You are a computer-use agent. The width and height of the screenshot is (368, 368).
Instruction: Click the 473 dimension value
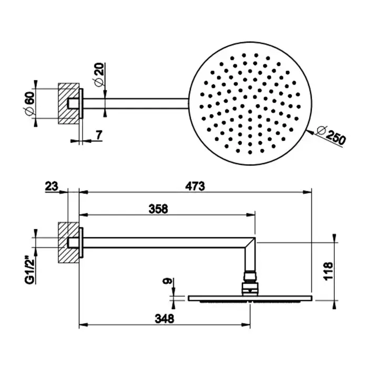click(195, 186)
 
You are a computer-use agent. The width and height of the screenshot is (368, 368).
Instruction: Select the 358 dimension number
click(158, 209)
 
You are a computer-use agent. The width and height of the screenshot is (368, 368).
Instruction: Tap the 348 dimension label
click(165, 319)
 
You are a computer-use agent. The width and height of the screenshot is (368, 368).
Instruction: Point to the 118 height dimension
click(329, 271)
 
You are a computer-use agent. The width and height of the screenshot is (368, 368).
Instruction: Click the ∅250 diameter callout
click(331, 135)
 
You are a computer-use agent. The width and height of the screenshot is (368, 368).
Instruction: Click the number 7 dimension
click(99, 135)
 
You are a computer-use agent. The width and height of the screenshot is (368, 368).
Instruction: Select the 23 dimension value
click(52, 187)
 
